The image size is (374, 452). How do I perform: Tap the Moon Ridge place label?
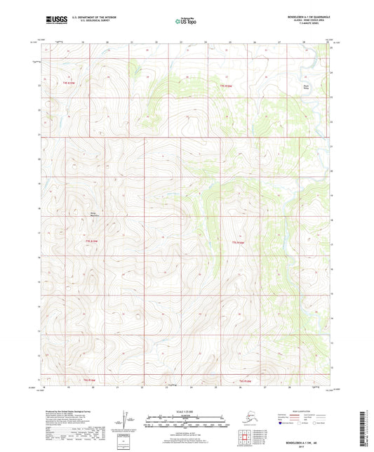tap(306, 87)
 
